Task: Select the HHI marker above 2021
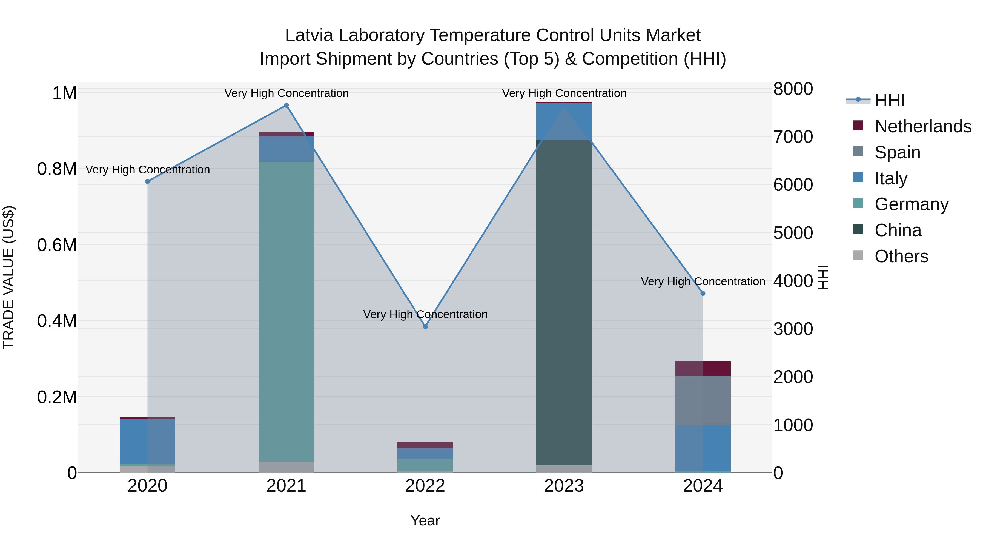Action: click(x=286, y=105)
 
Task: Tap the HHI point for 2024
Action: click(x=703, y=293)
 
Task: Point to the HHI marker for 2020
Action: click(x=147, y=181)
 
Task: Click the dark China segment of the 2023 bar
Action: click(x=564, y=303)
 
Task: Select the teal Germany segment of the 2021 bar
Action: click(x=286, y=311)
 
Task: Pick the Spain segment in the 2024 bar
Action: click(x=703, y=400)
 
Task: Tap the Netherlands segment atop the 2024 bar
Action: click(x=703, y=368)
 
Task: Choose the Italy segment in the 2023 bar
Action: click(x=564, y=121)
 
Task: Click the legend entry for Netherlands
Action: click(x=923, y=126)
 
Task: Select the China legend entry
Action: click(x=898, y=230)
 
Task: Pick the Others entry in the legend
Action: click(x=901, y=256)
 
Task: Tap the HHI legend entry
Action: click(x=890, y=100)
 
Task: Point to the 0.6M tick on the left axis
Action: click(x=57, y=245)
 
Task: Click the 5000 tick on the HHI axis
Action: click(x=793, y=233)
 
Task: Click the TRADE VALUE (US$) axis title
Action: click(x=8, y=277)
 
